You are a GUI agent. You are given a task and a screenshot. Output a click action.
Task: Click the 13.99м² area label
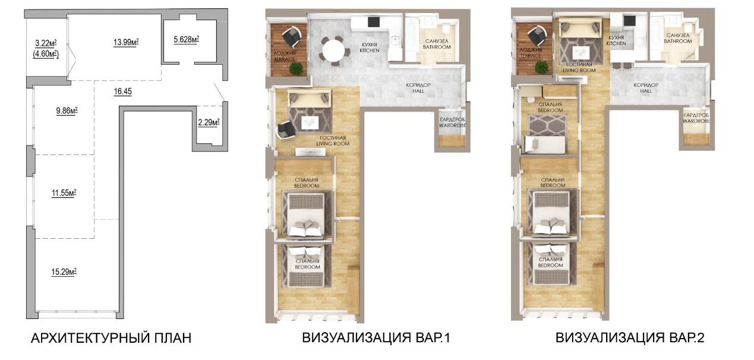click(126, 42)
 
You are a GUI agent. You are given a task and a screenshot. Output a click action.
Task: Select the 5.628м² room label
click(186, 40)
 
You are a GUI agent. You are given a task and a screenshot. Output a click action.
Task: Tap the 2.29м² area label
click(209, 122)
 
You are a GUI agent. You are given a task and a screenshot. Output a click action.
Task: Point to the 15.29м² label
click(64, 272)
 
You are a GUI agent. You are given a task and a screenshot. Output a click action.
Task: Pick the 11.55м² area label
click(64, 193)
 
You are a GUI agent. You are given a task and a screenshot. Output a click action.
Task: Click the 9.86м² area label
click(67, 110)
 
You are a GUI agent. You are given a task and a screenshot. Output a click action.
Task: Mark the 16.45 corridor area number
click(123, 91)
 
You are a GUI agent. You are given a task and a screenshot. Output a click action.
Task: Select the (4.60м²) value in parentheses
click(46, 54)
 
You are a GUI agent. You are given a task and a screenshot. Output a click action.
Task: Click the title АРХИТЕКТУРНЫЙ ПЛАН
click(111, 338)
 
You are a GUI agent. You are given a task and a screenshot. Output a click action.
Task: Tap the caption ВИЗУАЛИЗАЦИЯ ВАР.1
click(376, 338)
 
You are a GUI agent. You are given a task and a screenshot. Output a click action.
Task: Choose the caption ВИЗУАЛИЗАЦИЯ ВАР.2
click(630, 338)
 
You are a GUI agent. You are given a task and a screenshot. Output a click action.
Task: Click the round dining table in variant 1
click(333, 52)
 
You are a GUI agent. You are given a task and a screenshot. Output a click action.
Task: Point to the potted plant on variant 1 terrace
click(296, 69)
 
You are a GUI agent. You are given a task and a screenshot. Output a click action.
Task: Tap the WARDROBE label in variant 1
click(452, 125)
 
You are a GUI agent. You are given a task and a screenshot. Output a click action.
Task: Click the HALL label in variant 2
click(646, 91)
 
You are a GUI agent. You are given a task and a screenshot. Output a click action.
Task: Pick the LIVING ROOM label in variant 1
click(333, 144)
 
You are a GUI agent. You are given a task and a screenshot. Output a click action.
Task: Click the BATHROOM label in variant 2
click(678, 41)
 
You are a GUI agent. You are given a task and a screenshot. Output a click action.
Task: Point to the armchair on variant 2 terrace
click(537, 36)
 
